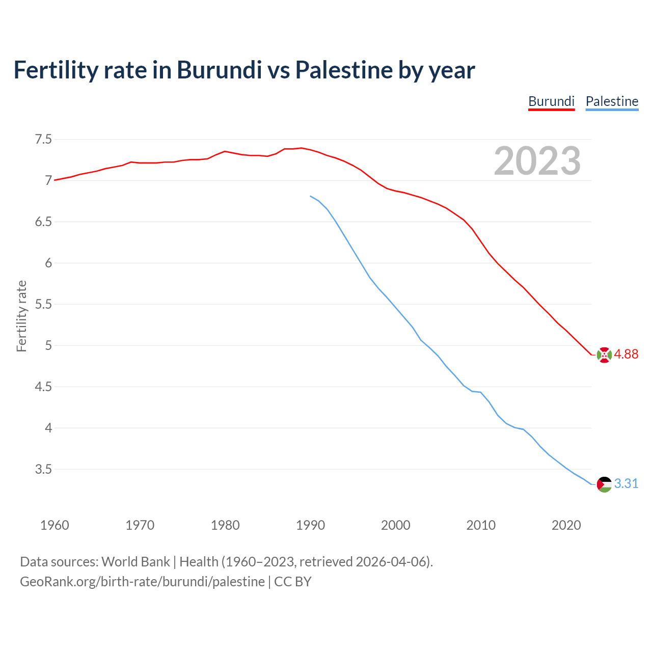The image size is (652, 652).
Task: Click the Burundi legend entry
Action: coord(551,101)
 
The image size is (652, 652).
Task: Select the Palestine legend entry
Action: coord(612,101)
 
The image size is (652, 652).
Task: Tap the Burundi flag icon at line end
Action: coord(604,355)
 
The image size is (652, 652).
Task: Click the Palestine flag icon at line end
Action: coord(604,484)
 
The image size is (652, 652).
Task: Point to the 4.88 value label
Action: coord(626,355)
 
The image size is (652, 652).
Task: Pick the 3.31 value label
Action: coord(626,484)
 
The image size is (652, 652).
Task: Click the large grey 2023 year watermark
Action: coord(537,161)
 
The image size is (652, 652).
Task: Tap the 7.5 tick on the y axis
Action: coord(43,139)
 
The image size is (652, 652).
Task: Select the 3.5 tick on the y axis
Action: coord(43,469)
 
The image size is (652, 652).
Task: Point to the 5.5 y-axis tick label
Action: coord(43,304)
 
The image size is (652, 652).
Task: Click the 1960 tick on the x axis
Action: coord(55,525)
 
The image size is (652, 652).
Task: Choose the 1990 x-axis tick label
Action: coord(310,525)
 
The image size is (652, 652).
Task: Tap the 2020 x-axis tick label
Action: coord(566,525)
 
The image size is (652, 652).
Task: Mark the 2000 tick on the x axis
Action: coord(395,525)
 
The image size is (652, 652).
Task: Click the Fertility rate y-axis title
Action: coord(21,316)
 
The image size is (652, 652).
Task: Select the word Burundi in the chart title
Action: coord(219,70)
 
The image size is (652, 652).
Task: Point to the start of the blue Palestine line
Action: coord(311,196)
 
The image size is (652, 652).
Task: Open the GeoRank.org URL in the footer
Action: coord(142,582)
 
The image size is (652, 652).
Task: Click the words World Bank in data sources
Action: coord(135,562)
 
